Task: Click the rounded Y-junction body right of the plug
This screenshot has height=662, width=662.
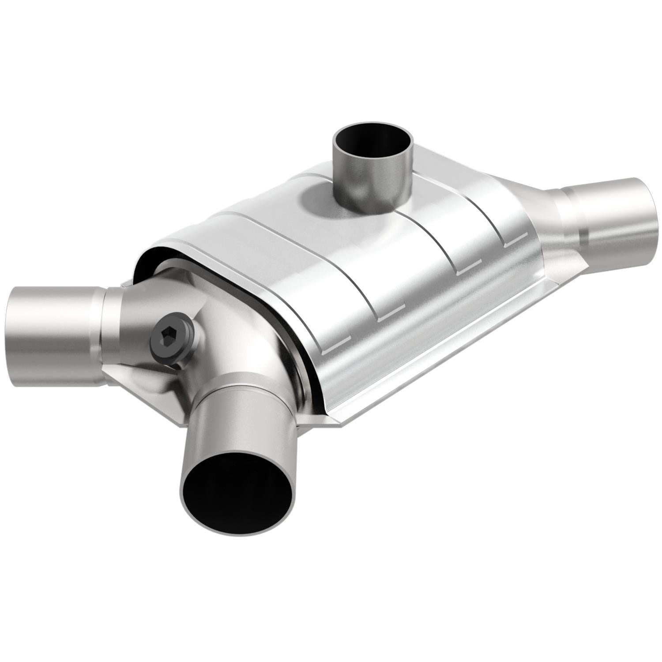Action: coord(229,335)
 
